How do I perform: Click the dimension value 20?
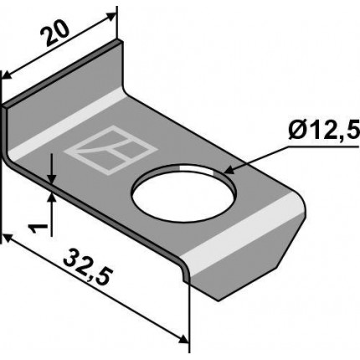pyautogui.click(x=54, y=33)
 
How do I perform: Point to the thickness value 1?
pyautogui.click(x=37, y=229)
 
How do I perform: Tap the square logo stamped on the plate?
pyautogui.click(x=111, y=150)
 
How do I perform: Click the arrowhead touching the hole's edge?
pyautogui.click(x=230, y=170)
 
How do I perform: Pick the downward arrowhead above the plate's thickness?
pyautogui.click(x=52, y=177)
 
